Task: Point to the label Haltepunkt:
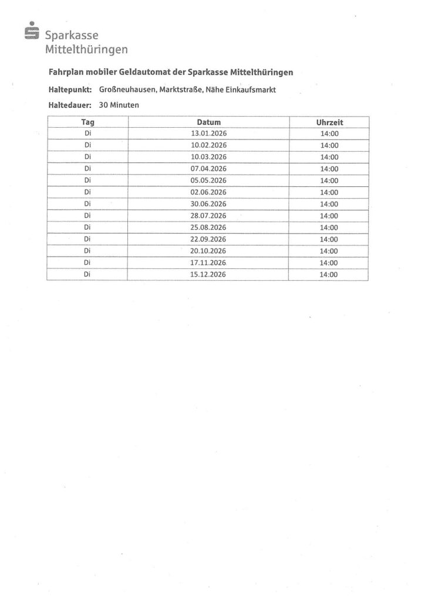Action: pyautogui.click(x=69, y=90)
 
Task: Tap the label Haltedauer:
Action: pyautogui.click(x=69, y=105)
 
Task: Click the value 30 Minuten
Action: pyautogui.click(x=119, y=105)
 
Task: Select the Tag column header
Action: pyautogui.click(x=87, y=122)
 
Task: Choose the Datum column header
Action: pyautogui.click(x=208, y=122)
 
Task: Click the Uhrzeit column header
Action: pyautogui.click(x=329, y=122)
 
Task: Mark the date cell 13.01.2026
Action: pyautogui.click(x=208, y=134)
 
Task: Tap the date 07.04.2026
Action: pyautogui.click(x=208, y=169)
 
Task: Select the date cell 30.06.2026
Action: pyautogui.click(x=208, y=204)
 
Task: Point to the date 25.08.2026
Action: pyautogui.click(x=208, y=227)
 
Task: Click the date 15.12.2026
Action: pyautogui.click(x=208, y=274)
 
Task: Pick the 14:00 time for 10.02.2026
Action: pyautogui.click(x=329, y=145)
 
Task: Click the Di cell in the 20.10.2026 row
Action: pyautogui.click(x=87, y=251)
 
